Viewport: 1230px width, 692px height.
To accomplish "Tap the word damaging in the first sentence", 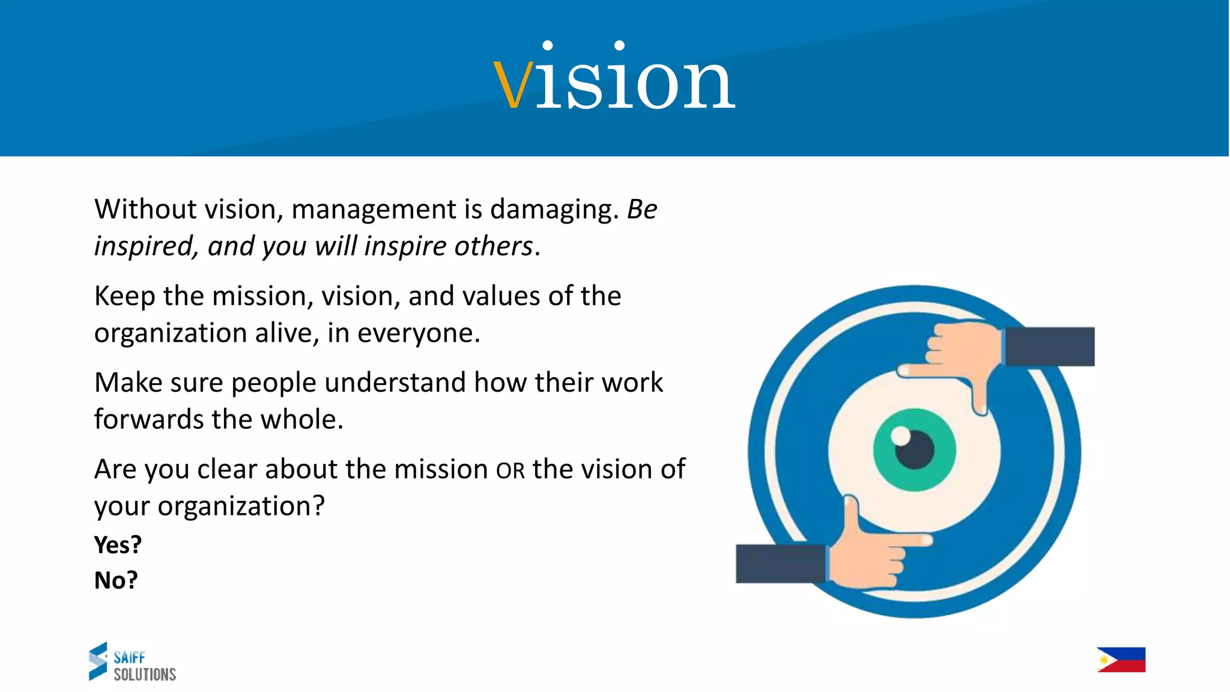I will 554,210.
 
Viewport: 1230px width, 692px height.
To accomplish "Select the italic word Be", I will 642,210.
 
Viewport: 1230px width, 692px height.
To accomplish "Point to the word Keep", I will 124,296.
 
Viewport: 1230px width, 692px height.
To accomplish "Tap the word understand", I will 395,383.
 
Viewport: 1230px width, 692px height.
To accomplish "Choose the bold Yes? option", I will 118,545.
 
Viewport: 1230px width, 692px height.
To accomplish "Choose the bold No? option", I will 116,580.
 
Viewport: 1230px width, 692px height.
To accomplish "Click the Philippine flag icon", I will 1121,660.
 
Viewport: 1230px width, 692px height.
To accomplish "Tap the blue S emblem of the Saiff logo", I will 98,661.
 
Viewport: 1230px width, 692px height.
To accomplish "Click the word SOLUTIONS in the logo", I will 145,675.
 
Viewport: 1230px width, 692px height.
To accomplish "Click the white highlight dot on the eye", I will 900,436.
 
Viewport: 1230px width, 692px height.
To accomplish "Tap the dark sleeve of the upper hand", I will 1049,347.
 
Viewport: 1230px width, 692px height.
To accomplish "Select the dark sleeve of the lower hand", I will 780,563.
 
